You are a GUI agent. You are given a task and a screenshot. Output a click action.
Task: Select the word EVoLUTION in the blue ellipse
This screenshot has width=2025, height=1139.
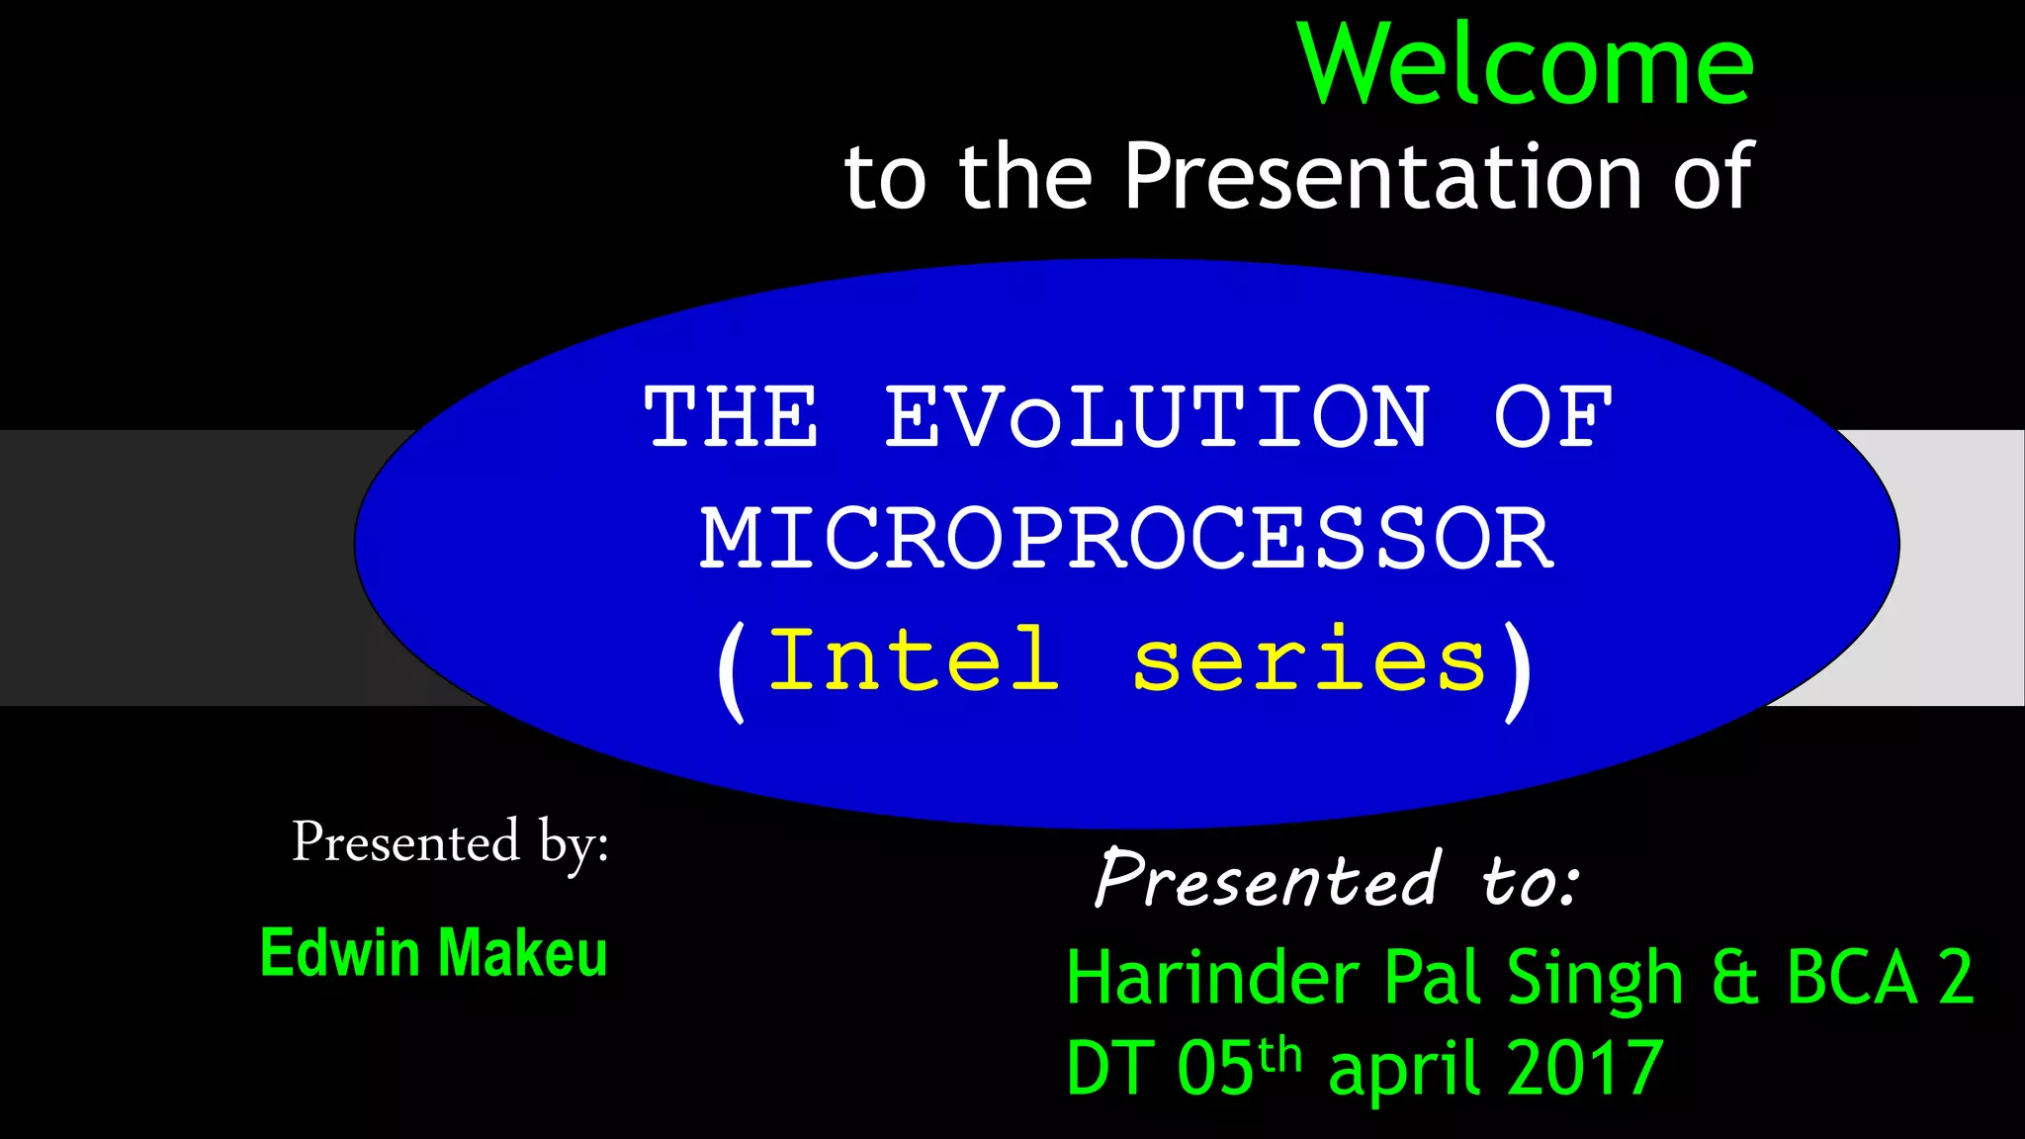click(1157, 418)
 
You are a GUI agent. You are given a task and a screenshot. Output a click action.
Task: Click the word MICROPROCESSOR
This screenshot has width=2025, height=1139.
click(1127, 540)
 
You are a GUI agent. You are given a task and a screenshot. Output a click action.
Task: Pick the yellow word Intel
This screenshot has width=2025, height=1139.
click(915, 660)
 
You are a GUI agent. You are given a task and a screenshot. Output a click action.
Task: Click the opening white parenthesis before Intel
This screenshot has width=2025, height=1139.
click(732, 672)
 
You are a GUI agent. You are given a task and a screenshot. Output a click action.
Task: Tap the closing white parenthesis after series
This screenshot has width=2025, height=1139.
click(1519, 672)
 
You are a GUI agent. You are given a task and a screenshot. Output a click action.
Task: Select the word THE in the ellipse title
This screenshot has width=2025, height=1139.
click(732, 418)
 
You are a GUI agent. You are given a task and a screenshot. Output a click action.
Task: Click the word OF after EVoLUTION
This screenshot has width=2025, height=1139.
click(1552, 418)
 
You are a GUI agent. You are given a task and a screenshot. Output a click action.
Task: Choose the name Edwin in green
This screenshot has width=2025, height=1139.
click(340, 953)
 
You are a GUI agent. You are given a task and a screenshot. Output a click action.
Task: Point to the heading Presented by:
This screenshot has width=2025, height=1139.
click(450, 843)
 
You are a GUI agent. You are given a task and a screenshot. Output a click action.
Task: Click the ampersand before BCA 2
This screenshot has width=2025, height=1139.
click(1734, 978)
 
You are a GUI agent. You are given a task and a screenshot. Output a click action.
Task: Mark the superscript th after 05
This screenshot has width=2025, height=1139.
click(1280, 1054)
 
